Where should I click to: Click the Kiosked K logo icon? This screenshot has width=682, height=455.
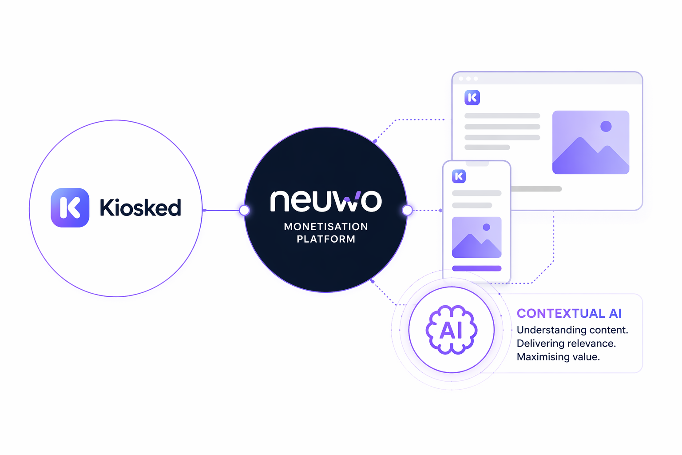click(70, 208)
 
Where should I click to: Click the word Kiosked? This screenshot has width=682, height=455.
click(140, 208)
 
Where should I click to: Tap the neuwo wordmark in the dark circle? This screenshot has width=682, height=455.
click(326, 201)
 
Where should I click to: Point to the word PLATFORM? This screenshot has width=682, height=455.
click(326, 239)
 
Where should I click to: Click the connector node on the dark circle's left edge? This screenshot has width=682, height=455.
click(244, 210)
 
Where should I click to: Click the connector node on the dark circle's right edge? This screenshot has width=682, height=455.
click(407, 210)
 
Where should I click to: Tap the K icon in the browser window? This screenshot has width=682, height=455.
click(472, 97)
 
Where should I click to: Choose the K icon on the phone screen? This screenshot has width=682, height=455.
click(459, 176)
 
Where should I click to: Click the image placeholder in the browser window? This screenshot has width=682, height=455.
click(591, 142)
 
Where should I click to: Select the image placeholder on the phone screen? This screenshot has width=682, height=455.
click(476, 237)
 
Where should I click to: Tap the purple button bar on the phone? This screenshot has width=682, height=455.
click(476, 268)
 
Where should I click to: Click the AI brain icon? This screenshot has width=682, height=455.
click(452, 330)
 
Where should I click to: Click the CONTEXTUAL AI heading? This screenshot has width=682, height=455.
click(569, 313)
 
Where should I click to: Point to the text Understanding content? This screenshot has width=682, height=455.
click(572, 330)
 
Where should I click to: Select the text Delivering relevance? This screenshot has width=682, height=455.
click(566, 343)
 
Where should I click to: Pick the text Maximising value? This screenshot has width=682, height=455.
click(558, 357)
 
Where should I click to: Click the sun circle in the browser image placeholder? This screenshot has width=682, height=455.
click(606, 126)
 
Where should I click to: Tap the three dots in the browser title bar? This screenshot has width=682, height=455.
click(468, 79)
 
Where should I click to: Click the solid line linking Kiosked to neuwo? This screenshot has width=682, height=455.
click(222, 210)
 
